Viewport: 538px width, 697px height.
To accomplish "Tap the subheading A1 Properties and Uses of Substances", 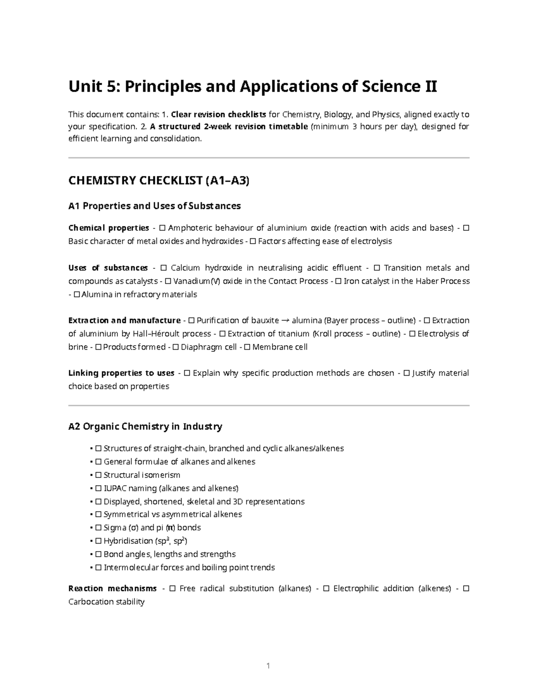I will tap(154, 206).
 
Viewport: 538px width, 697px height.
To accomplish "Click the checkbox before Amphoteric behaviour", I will tap(162, 228).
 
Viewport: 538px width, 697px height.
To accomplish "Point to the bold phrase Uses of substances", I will tap(108, 268).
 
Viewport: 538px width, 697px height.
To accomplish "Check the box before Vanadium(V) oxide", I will tap(168, 281).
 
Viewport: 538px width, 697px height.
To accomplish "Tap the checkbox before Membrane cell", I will tap(247, 347).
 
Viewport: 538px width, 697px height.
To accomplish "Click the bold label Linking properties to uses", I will tap(121, 373).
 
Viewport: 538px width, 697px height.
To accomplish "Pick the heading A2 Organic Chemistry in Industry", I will tap(145, 426).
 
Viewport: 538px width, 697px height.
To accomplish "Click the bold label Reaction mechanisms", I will tap(112, 588).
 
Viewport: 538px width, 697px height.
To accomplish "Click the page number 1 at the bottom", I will tap(268, 666).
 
